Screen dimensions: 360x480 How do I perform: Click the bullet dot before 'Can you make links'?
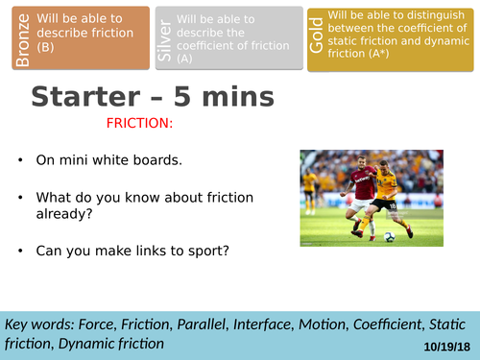(19, 252)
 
